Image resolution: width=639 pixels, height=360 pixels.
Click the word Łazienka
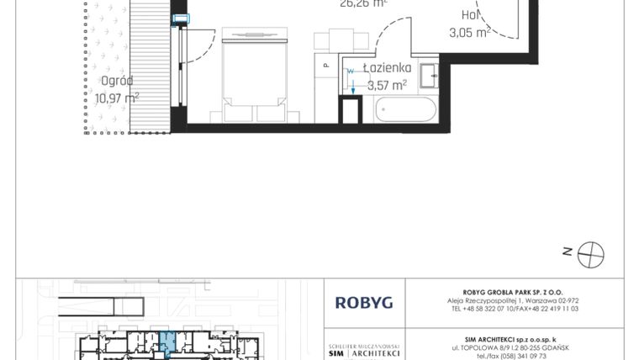click(x=386, y=68)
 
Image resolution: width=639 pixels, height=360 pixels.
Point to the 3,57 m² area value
click(x=388, y=84)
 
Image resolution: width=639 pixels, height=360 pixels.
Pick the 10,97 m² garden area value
click(x=117, y=98)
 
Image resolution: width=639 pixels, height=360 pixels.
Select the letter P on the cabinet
click(x=325, y=64)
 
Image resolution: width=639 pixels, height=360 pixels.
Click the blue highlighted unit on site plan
click(x=167, y=342)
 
